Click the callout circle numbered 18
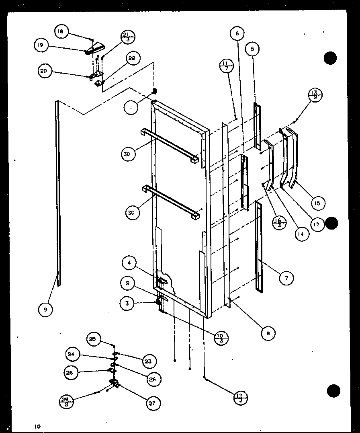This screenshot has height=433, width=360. point(62,32)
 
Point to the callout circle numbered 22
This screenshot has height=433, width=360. point(131,58)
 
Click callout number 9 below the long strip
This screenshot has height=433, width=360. point(45,309)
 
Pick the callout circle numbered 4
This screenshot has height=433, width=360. point(129,264)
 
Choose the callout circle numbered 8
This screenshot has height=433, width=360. point(268,332)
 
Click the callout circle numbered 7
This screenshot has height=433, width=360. point(286,278)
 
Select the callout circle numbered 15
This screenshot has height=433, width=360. point(317,203)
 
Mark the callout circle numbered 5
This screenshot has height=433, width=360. point(252,49)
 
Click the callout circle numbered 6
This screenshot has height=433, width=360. point(237,34)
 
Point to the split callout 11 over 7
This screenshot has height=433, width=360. point(227,66)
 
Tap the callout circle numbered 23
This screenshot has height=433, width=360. point(148,361)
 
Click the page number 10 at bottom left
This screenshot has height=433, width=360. point(37,426)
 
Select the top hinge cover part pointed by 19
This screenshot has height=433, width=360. point(94,50)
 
